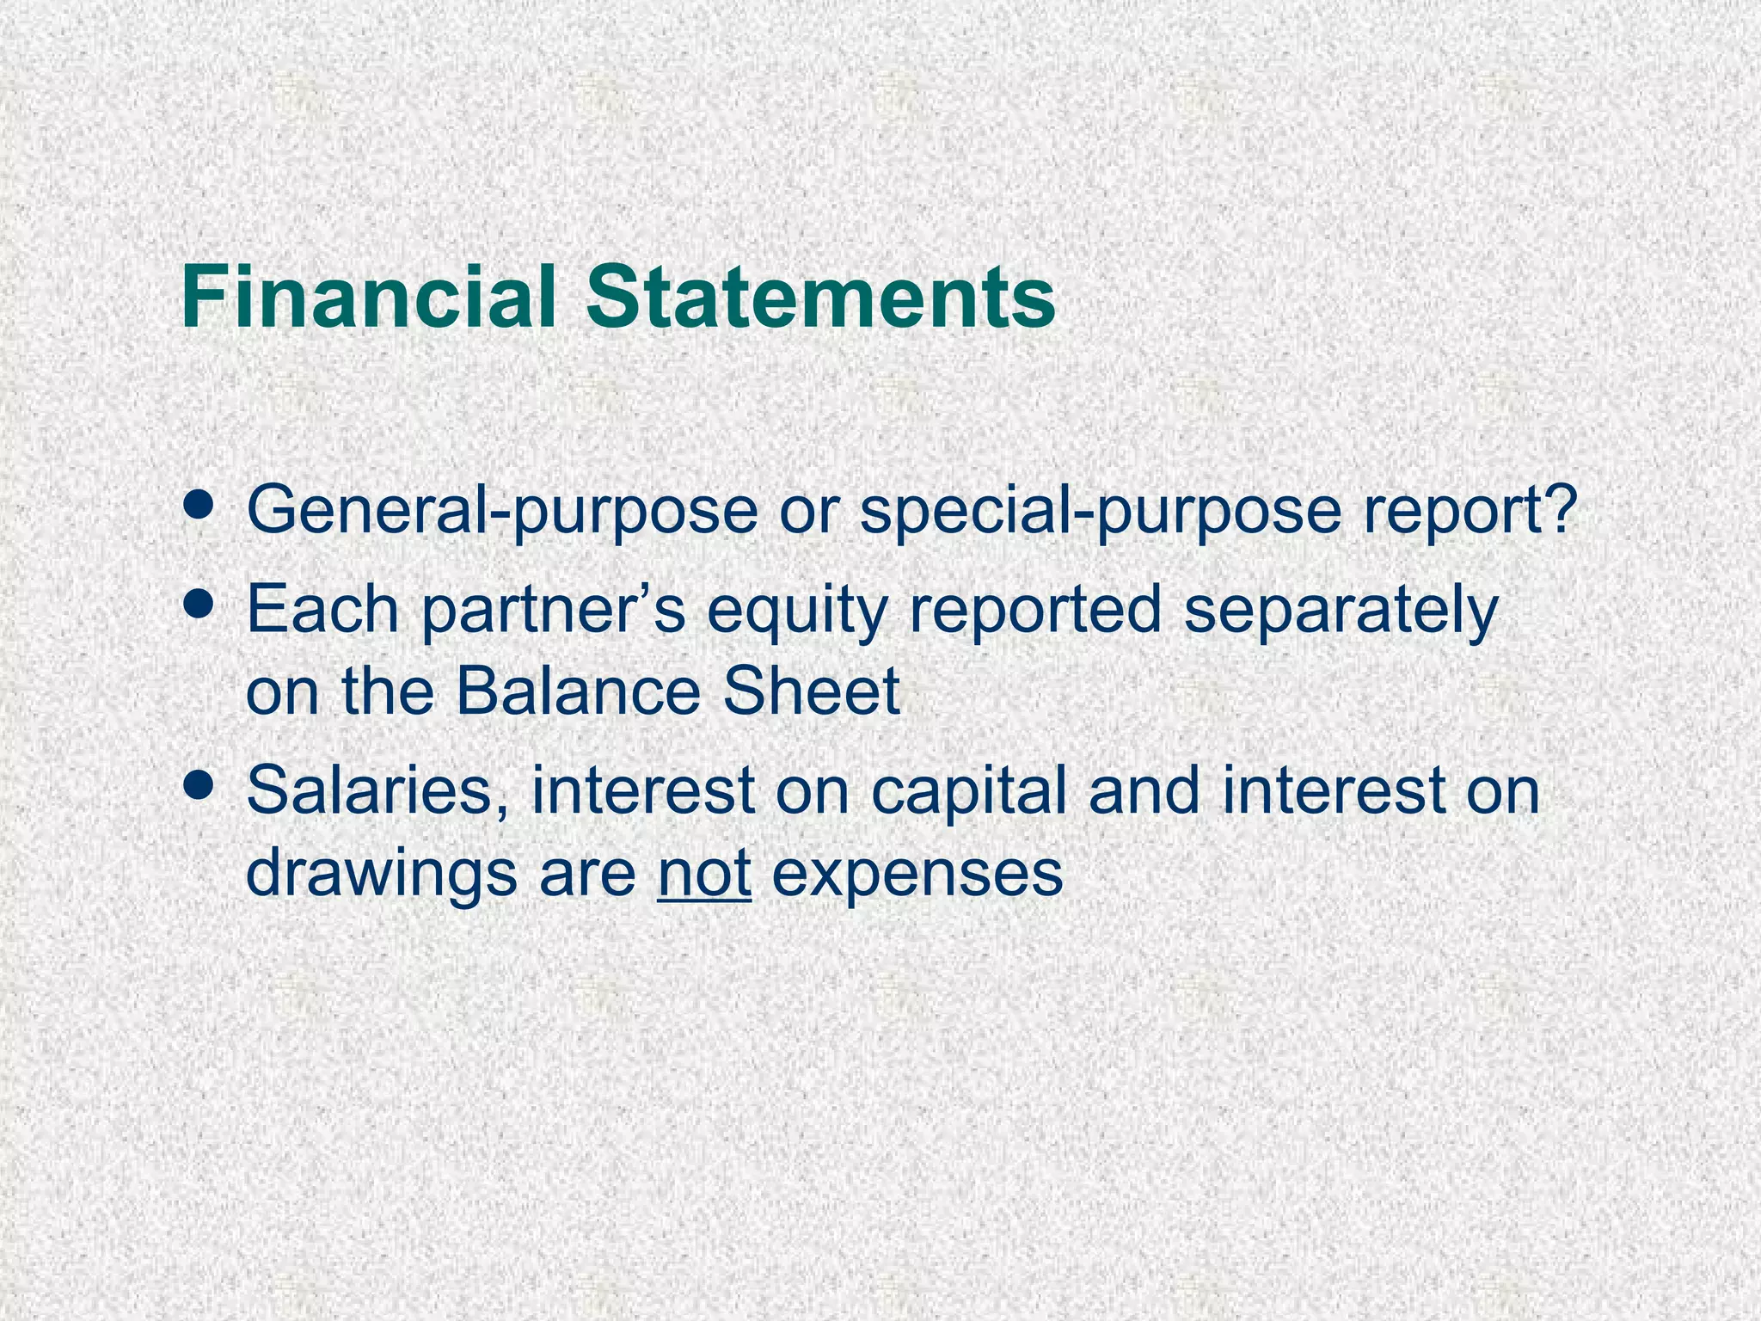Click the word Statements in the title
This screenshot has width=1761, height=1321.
tap(820, 297)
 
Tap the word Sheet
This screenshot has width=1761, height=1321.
tap(811, 691)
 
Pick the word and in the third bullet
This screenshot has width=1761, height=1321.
tap(1144, 790)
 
